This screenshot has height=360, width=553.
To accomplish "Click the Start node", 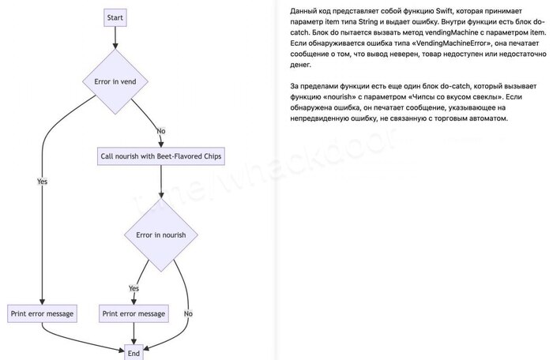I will tap(115, 17).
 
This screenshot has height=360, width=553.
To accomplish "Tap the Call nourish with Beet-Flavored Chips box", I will tap(161, 156).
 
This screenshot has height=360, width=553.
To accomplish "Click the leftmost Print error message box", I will tap(42, 313).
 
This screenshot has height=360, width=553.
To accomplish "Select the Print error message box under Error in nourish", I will tap(134, 313).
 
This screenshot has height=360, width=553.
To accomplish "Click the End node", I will tap(134, 353).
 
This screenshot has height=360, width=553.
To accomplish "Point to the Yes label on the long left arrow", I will tap(43, 182).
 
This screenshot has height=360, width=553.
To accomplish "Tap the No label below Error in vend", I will tap(161, 131).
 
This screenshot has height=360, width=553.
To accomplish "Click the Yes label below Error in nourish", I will tap(134, 288).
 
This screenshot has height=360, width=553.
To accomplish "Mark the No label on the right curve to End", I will tap(188, 313).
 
